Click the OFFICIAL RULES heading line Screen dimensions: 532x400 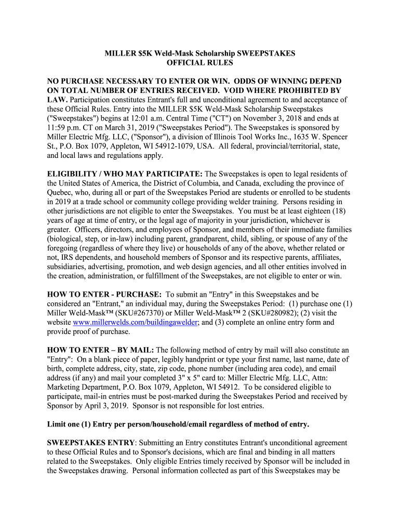pyautogui.click(x=199, y=63)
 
